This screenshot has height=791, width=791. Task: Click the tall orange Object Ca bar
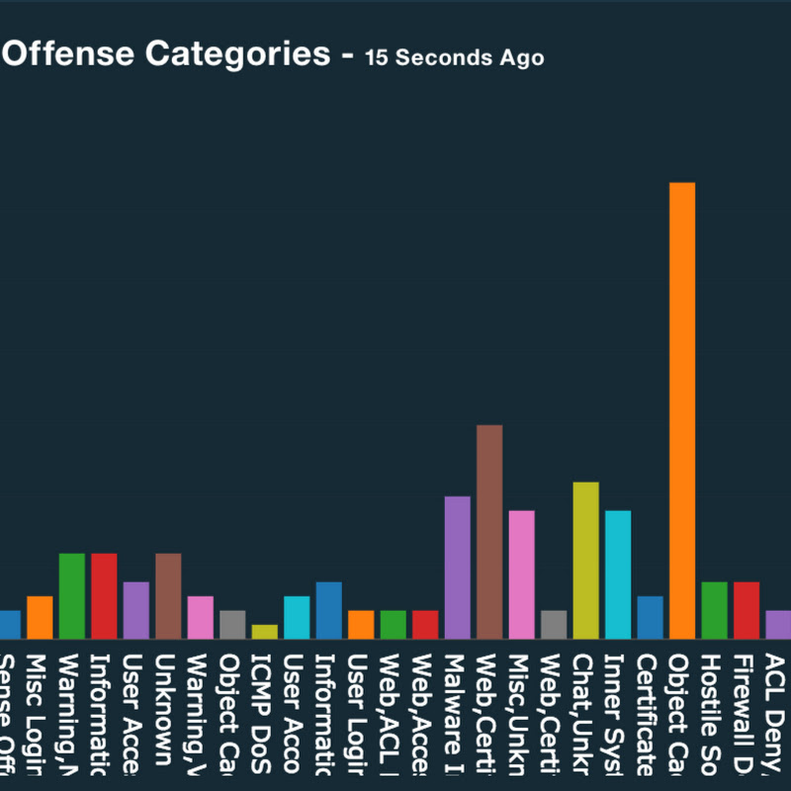682,410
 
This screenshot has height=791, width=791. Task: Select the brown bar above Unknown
168,595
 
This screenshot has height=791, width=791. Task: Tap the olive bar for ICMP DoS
264,631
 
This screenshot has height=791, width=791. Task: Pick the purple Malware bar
457,567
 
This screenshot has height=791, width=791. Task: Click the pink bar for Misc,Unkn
521,573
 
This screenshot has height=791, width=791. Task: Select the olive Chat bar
585,560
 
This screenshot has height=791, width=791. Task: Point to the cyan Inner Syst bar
618,573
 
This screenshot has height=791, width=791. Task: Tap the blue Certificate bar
650,617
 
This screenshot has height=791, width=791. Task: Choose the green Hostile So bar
714,609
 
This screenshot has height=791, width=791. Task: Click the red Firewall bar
747,609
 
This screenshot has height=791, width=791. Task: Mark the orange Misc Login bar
40,617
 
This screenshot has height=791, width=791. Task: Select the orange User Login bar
361,624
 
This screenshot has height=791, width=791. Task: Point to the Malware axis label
457,712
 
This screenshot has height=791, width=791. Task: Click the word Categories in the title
238,54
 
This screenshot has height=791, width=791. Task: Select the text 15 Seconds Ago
454,57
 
